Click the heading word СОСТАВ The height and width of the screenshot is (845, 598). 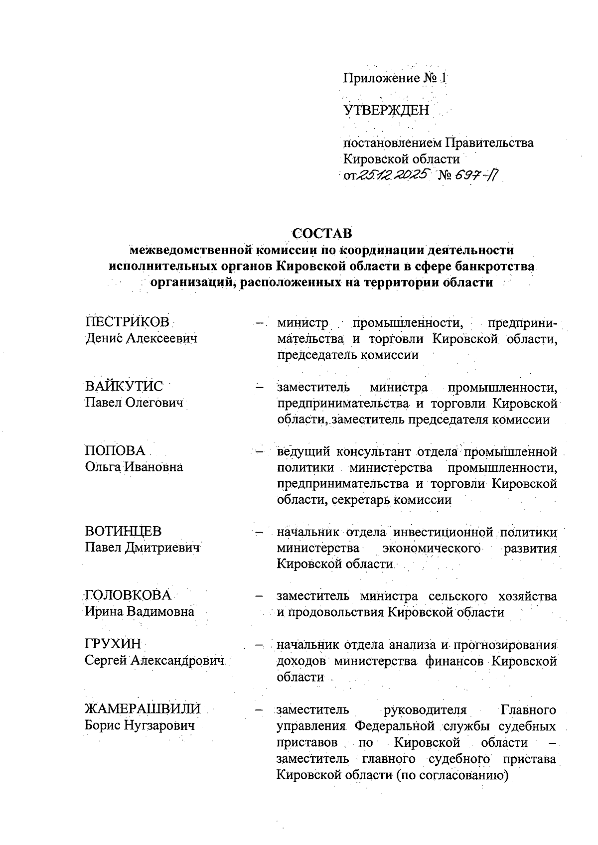click(322, 233)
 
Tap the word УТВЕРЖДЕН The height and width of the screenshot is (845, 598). click(386, 110)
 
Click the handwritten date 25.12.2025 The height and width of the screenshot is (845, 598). click(394, 175)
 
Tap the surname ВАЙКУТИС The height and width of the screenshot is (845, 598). click(124, 386)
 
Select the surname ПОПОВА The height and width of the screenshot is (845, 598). click(115, 450)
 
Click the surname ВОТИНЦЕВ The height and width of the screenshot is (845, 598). click(123, 531)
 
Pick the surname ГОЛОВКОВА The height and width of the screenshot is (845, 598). click(128, 595)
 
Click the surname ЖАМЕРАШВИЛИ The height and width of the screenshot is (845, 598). click(143, 708)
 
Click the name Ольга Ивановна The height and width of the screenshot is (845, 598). click(134, 467)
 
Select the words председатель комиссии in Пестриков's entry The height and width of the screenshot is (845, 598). click(347, 355)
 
